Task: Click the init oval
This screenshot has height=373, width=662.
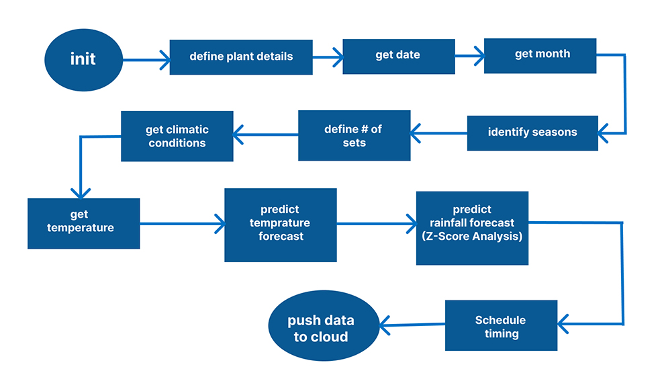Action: (x=83, y=59)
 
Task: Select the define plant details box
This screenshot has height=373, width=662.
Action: (x=241, y=56)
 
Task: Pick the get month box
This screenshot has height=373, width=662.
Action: (x=540, y=54)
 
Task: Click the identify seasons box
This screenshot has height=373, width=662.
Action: (x=532, y=132)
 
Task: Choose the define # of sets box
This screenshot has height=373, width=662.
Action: (x=354, y=135)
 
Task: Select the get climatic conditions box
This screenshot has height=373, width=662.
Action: (x=177, y=136)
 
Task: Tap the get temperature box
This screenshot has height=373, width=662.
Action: (x=83, y=222)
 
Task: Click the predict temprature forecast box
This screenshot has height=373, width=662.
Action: (x=280, y=224)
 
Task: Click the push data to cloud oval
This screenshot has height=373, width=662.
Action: (x=320, y=328)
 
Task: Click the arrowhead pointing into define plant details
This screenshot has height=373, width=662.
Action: (x=163, y=60)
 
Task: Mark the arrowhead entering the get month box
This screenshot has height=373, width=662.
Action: (x=478, y=56)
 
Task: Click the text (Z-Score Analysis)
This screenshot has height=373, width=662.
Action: (x=472, y=237)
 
